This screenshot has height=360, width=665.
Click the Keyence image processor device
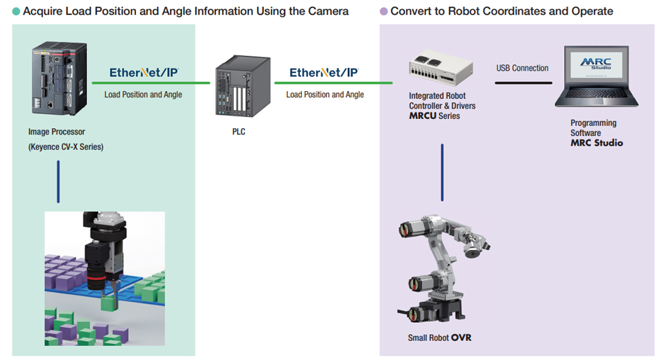coord(57,81)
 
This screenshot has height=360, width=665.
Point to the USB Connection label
coord(522,68)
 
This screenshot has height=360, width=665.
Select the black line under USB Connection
coord(523,83)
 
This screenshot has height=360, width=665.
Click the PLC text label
coord(239,131)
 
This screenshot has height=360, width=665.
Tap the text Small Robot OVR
coord(440,338)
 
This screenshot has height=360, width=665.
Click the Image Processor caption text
coord(57,132)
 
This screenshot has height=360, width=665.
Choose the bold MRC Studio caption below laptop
coord(596,143)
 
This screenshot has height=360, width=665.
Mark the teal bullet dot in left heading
coord(16,11)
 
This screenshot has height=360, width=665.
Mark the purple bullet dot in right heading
coord(383,11)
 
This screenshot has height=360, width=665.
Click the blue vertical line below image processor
coord(58,181)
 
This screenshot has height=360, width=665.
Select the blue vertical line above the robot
coord(442,172)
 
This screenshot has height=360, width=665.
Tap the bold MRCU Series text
coord(435,116)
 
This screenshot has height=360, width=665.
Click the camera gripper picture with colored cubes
coord(105,278)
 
